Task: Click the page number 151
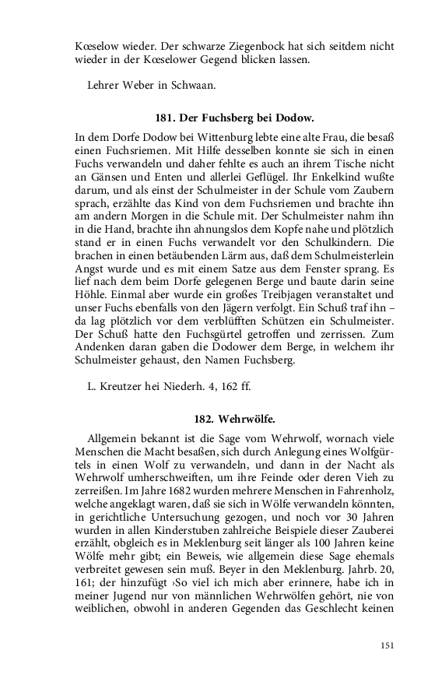(x=388, y=645)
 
